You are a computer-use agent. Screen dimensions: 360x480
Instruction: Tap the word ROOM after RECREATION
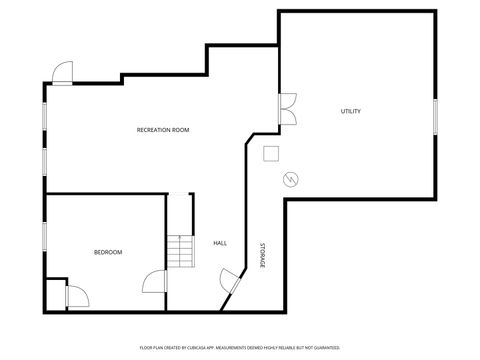(180, 130)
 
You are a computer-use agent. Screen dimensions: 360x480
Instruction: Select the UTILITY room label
(350, 111)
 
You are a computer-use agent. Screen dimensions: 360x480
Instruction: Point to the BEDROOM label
(108, 252)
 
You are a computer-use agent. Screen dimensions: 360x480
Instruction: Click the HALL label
(220, 243)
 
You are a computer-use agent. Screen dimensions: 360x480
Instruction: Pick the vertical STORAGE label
(262, 255)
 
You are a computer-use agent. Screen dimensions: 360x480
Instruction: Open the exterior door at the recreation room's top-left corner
(62, 74)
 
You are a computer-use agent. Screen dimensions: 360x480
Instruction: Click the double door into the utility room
(288, 109)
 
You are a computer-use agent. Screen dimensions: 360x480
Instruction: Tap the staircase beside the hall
(178, 249)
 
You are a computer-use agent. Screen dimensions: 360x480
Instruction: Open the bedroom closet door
(76, 294)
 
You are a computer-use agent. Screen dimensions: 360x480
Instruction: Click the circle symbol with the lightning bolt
(291, 179)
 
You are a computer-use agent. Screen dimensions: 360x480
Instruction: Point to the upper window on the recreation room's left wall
(44, 115)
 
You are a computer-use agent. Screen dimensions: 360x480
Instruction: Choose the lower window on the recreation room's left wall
(44, 162)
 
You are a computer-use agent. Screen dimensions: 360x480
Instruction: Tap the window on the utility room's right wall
(436, 115)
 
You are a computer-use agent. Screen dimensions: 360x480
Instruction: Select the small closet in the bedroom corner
(56, 294)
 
